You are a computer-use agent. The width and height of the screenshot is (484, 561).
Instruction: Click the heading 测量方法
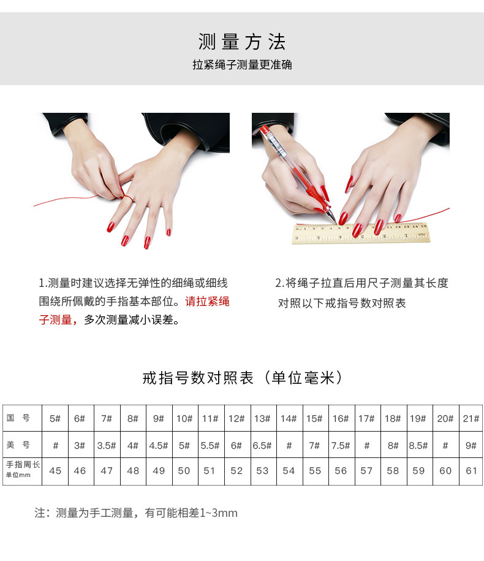pyautogui.click(x=242, y=42)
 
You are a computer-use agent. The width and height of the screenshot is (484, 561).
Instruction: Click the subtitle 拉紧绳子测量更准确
pyautogui.click(x=242, y=64)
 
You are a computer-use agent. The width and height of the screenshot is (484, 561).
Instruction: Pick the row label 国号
pyautogui.click(x=18, y=418)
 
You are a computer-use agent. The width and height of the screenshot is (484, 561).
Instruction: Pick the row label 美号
pyautogui.click(x=18, y=445)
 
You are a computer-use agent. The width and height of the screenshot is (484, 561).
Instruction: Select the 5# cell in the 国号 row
pyautogui.click(x=55, y=419)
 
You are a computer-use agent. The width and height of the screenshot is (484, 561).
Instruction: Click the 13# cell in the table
pyautogui.click(x=262, y=419)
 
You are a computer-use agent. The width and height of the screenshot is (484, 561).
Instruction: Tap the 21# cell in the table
pyautogui.click(x=471, y=419)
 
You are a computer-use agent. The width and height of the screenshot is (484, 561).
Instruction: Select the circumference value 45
pyautogui.click(x=55, y=471)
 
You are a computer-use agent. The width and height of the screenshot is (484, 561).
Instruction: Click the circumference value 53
pyautogui.click(x=262, y=471)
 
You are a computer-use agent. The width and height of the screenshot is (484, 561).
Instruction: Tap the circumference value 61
pyautogui.click(x=471, y=471)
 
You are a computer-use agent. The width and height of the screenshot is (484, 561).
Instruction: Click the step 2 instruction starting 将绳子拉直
pyautogui.click(x=361, y=283)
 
